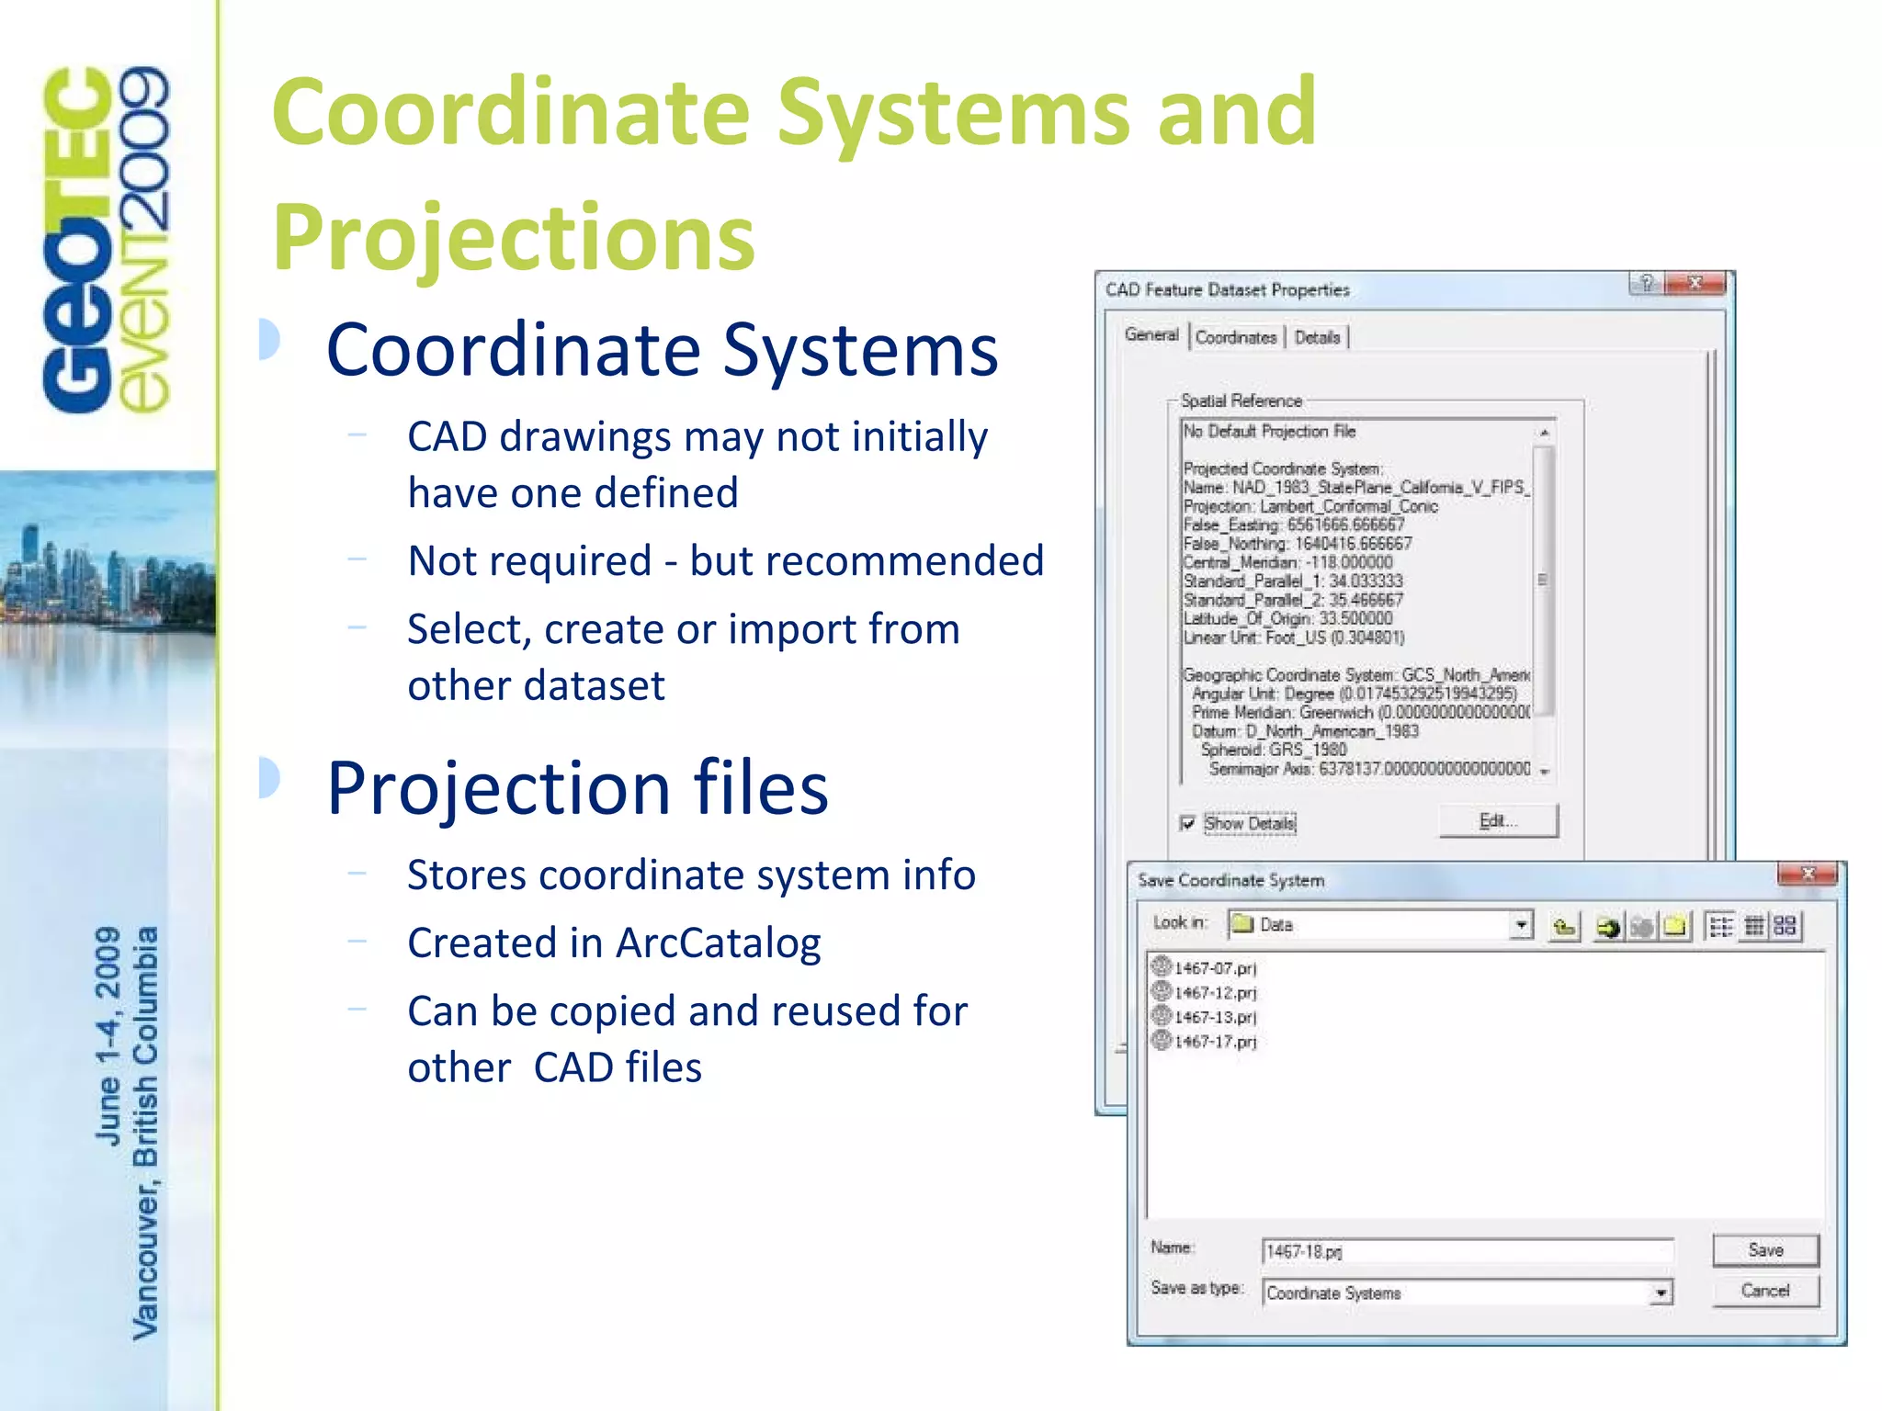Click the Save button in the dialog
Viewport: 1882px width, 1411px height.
click(x=1764, y=1249)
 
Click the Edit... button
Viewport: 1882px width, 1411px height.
click(x=1497, y=820)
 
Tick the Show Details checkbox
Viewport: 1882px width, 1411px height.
click(x=1188, y=823)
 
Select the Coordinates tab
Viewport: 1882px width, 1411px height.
click(x=1235, y=337)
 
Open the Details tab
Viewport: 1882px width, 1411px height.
click(x=1317, y=337)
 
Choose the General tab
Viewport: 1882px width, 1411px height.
click(x=1151, y=335)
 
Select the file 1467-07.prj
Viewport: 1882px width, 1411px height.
click(x=1214, y=968)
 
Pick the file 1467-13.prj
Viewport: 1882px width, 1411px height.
click(x=1214, y=1017)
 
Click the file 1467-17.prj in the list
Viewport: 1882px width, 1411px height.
click(x=1214, y=1042)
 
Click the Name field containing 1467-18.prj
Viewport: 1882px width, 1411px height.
click(x=1466, y=1251)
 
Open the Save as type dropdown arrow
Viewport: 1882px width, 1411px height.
click(x=1661, y=1293)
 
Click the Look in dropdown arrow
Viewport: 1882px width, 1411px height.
click(x=1522, y=925)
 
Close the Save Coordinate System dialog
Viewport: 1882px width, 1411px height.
click(x=1807, y=875)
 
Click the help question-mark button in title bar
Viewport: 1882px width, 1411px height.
click(x=1646, y=283)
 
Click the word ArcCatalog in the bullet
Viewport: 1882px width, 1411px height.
click(x=718, y=943)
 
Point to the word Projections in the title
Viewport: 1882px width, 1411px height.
click(x=514, y=237)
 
